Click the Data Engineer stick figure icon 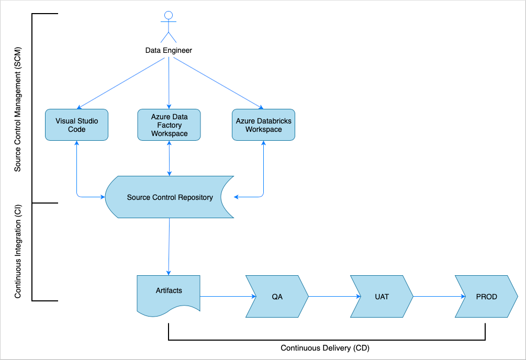[169, 27]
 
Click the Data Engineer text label [169, 51]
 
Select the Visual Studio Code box [76, 125]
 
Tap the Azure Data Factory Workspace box [169, 125]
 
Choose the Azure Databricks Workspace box [263, 125]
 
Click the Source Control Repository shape [170, 197]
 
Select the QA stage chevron [277, 297]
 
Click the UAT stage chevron [382, 297]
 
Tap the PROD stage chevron [486, 297]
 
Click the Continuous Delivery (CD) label [325, 348]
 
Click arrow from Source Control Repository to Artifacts [169, 246]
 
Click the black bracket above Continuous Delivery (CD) [327, 340]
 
